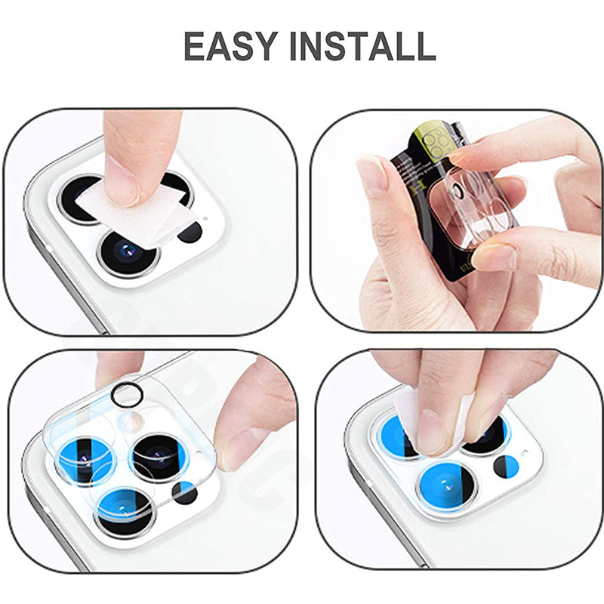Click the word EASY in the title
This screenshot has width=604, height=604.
coord(231,46)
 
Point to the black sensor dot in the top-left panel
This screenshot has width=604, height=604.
coord(190,231)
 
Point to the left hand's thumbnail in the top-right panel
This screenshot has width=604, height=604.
coord(372,176)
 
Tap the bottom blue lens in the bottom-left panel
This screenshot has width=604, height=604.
coord(125,506)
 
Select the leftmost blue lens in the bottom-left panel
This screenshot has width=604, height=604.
coord(83,457)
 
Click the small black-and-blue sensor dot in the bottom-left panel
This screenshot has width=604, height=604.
coord(184,492)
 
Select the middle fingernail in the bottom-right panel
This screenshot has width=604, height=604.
coord(432,432)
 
